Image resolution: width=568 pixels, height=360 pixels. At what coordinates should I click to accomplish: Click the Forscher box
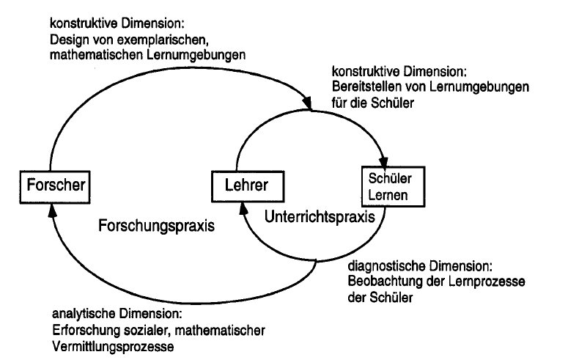tap(55, 187)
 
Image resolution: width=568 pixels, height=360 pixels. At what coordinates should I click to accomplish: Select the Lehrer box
tap(248, 186)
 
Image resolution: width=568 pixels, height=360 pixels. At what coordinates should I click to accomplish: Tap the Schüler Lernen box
tap(393, 186)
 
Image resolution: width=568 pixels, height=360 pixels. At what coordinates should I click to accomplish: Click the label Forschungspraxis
tap(157, 226)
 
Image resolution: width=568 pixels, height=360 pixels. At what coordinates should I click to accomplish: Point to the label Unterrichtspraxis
tap(320, 217)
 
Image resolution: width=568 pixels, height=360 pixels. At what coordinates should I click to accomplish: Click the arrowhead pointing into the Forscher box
tap(53, 210)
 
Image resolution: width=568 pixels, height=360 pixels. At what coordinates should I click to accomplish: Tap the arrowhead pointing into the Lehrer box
tap(243, 208)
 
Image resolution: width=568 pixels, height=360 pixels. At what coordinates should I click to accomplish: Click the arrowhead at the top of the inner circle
tap(306, 102)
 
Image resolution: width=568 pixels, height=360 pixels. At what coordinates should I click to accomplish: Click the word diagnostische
tap(386, 266)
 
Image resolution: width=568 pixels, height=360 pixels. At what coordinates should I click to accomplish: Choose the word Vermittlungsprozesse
tap(113, 346)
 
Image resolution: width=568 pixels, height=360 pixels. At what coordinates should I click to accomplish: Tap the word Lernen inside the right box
tap(388, 196)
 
